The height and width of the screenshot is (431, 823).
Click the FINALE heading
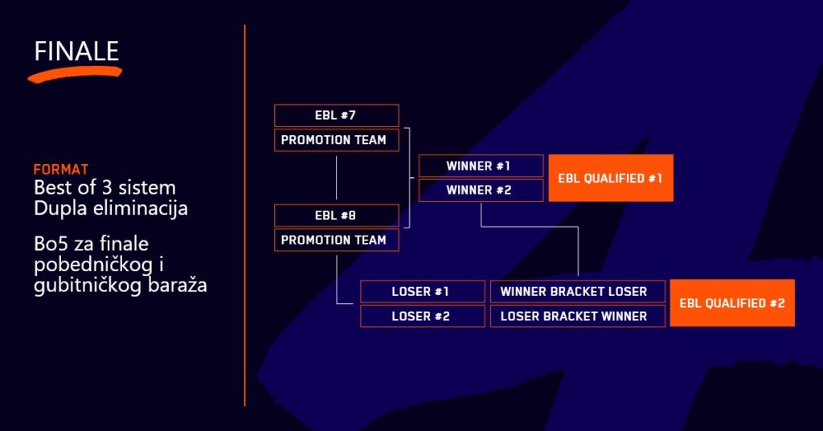click(x=76, y=51)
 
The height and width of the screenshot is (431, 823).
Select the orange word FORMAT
click(x=61, y=170)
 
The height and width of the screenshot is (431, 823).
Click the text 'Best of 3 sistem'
click(x=104, y=188)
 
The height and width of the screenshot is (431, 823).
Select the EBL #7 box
click(x=336, y=116)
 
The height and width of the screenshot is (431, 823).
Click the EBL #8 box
click(x=336, y=215)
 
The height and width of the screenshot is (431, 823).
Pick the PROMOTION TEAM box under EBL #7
click(x=336, y=140)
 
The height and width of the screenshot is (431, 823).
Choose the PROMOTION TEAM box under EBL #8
click(x=336, y=240)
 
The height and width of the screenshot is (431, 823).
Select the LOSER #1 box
click(x=422, y=291)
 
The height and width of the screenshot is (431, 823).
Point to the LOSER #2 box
click(x=422, y=316)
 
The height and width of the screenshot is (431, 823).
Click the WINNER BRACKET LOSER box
click(x=578, y=291)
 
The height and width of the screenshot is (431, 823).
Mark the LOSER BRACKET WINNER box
click(x=578, y=316)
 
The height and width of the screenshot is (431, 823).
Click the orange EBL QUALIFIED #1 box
click(x=610, y=178)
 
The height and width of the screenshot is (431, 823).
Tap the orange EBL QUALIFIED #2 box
click(x=731, y=303)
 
